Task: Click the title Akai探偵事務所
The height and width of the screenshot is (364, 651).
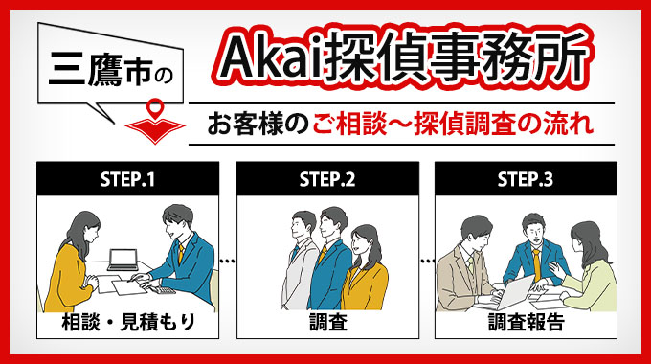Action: tap(401, 60)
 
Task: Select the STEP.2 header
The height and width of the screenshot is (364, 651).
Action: tap(326, 177)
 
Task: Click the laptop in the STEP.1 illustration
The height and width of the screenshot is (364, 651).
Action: tap(123, 260)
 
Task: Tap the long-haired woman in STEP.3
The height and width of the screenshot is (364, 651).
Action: tap(584, 263)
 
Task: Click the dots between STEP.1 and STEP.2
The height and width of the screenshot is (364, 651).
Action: tap(227, 259)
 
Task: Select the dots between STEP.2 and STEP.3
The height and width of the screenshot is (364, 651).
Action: tap(426, 259)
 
